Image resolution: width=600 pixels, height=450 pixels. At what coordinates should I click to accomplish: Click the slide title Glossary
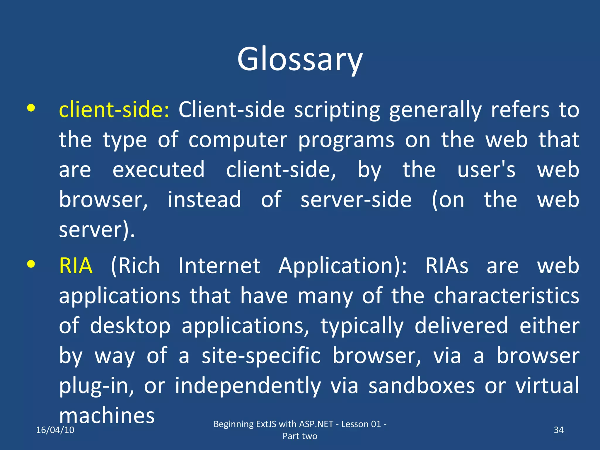point(300,59)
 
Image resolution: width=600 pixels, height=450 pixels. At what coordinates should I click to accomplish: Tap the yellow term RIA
point(76,266)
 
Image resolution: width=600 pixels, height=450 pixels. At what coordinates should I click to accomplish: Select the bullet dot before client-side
point(31,108)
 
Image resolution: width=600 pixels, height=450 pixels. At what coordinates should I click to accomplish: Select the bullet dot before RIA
point(31,264)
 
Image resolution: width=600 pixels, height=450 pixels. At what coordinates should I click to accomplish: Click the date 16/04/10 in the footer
point(55,430)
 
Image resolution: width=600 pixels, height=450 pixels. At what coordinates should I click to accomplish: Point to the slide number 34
point(559,430)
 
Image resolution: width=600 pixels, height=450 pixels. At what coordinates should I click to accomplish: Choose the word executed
point(158,170)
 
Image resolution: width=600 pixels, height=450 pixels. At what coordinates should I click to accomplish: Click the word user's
point(486,170)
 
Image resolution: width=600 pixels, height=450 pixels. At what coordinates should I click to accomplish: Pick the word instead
point(204,200)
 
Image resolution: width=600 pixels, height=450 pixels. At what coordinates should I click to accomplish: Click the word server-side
point(356,200)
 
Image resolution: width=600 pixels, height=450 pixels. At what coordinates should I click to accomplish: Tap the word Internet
point(219,266)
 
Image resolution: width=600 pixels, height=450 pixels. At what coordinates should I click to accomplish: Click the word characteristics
point(506,296)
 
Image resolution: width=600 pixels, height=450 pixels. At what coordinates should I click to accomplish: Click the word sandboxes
point(421,386)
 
